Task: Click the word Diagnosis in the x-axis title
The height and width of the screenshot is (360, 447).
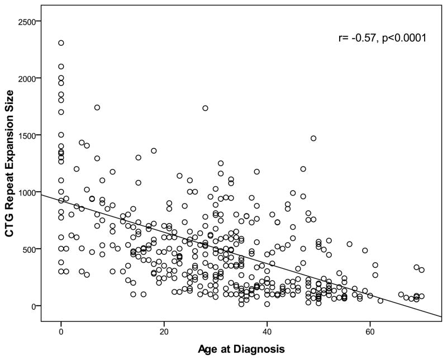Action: [260, 349]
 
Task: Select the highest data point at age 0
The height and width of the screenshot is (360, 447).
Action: [61, 43]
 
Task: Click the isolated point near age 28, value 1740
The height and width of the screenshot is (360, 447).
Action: [205, 108]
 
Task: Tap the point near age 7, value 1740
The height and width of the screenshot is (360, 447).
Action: [97, 107]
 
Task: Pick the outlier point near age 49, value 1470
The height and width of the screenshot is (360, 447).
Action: [313, 138]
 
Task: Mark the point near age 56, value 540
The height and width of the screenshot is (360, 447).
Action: [350, 244]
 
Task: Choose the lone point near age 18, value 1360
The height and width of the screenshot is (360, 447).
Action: [154, 150]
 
